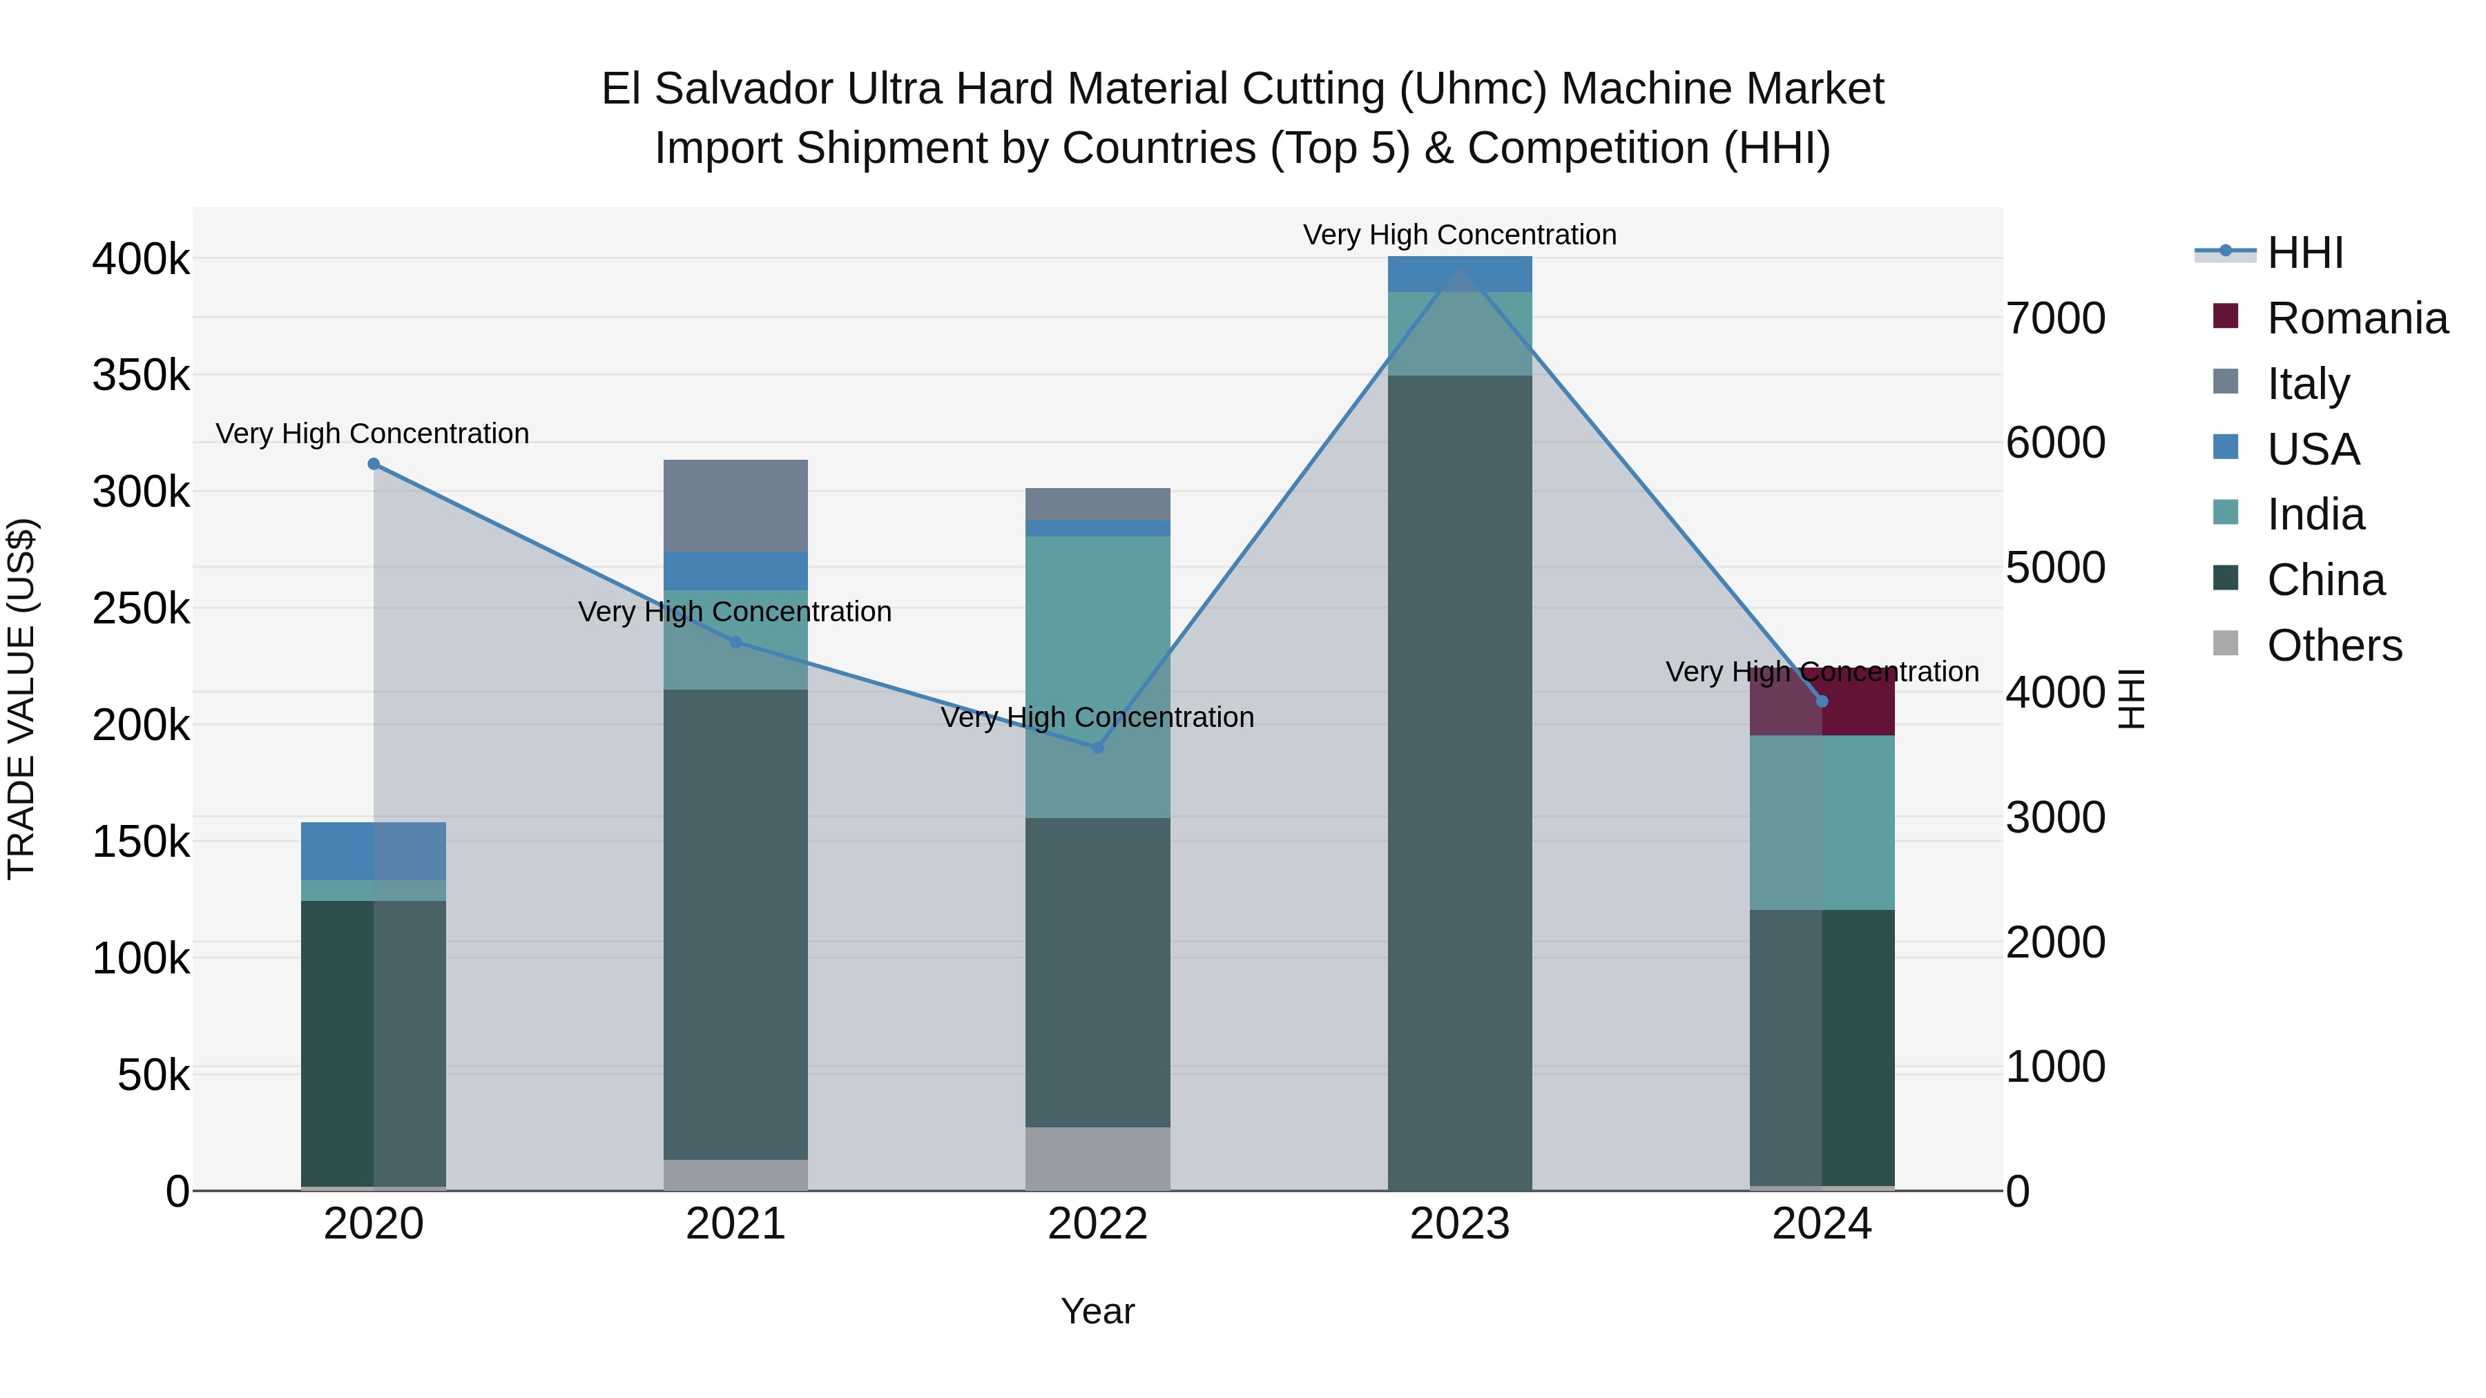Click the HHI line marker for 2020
(x=374, y=464)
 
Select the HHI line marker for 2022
(x=1097, y=748)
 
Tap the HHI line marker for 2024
(x=1822, y=701)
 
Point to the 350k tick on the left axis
(x=141, y=376)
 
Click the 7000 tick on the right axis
(x=2056, y=318)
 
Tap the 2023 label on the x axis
(x=1459, y=1224)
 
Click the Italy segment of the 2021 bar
(x=735, y=505)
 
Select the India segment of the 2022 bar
(x=1097, y=675)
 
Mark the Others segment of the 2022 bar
(x=1097, y=1158)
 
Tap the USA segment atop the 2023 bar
(x=1459, y=274)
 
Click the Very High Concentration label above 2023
(x=1459, y=235)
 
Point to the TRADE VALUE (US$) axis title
(x=22, y=699)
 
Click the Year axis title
(x=1097, y=1311)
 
